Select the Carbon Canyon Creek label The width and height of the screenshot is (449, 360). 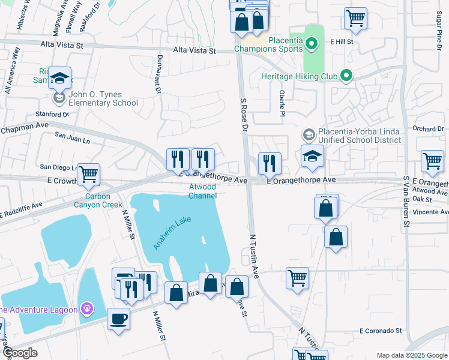[x=103, y=200]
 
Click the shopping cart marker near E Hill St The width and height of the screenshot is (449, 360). [x=355, y=18]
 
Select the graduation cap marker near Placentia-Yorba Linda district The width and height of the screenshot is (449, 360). [x=312, y=157]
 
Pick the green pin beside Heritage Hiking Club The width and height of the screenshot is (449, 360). [x=345, y=76]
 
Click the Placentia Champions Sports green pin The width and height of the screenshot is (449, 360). [x=311, y=43]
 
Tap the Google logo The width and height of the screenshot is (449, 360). [x=19, y=353]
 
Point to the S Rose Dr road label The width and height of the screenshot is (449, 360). [x=243, y=115]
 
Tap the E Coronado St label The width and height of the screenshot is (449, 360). [x=380, y=331]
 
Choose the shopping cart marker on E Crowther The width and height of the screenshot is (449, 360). [x=88, y=175]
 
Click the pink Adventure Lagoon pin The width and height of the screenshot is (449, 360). [x=88, y=309]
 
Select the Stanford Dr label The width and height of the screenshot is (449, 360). [x=52, y=113]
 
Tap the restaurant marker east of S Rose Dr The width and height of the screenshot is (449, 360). [x=270, y=162]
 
